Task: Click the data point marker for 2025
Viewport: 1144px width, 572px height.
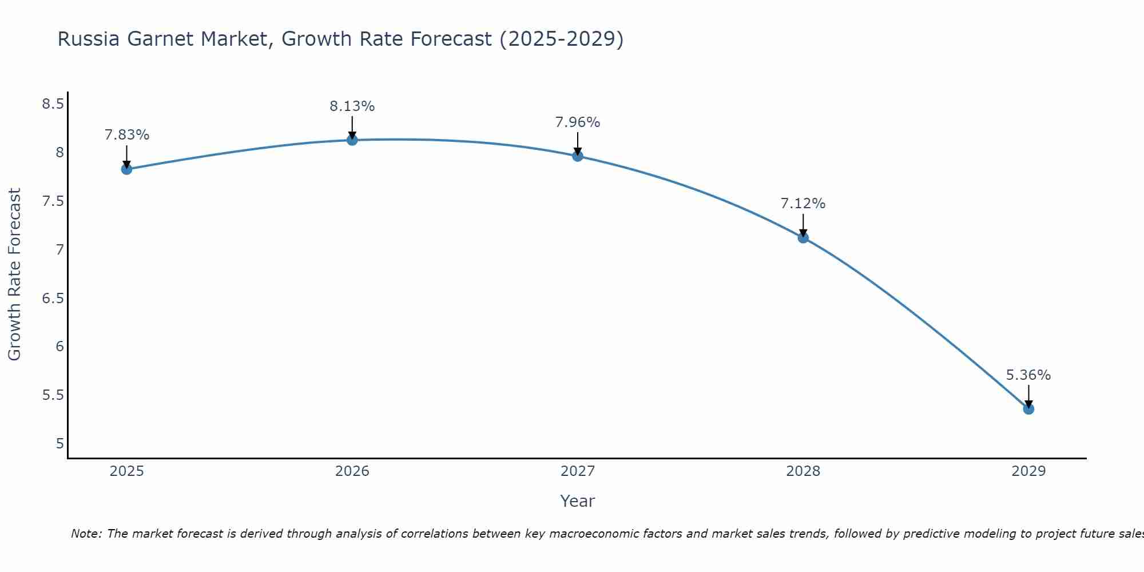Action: (x=127, y=169)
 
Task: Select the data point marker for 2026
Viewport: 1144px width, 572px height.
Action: (x=352, y=140)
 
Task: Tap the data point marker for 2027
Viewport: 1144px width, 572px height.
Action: (x=578, y=156)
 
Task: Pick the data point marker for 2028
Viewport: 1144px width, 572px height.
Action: (x=803, y=237)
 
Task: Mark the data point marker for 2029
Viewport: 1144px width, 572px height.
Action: (x=1028, y=408)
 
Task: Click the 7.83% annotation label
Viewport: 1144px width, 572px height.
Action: (x=127, y=135)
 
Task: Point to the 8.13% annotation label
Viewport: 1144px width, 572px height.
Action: (x=352, y=106)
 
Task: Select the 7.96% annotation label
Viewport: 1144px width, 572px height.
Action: (x=578, y=122)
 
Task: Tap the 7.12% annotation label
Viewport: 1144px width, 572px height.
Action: (x=803, y=204)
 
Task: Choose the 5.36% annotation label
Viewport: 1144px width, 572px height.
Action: (x=1028, y=375)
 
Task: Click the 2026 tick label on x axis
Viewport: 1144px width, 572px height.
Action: (x=352, y=471)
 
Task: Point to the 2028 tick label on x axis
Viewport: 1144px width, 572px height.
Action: (x=803, y=471)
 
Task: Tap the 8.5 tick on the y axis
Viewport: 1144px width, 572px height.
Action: (x=53, y=104)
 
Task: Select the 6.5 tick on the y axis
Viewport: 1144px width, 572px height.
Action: (x=53, y=298)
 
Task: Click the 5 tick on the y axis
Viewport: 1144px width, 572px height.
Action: (x=60, y=444)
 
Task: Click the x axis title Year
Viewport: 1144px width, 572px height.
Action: (x=578, y=501)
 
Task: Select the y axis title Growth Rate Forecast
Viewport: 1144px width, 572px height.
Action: (x=14, y=275)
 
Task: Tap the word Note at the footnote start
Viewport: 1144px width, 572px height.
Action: (x=86, y=534)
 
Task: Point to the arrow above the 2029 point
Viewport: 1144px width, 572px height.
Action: (x=1028, y=396)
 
